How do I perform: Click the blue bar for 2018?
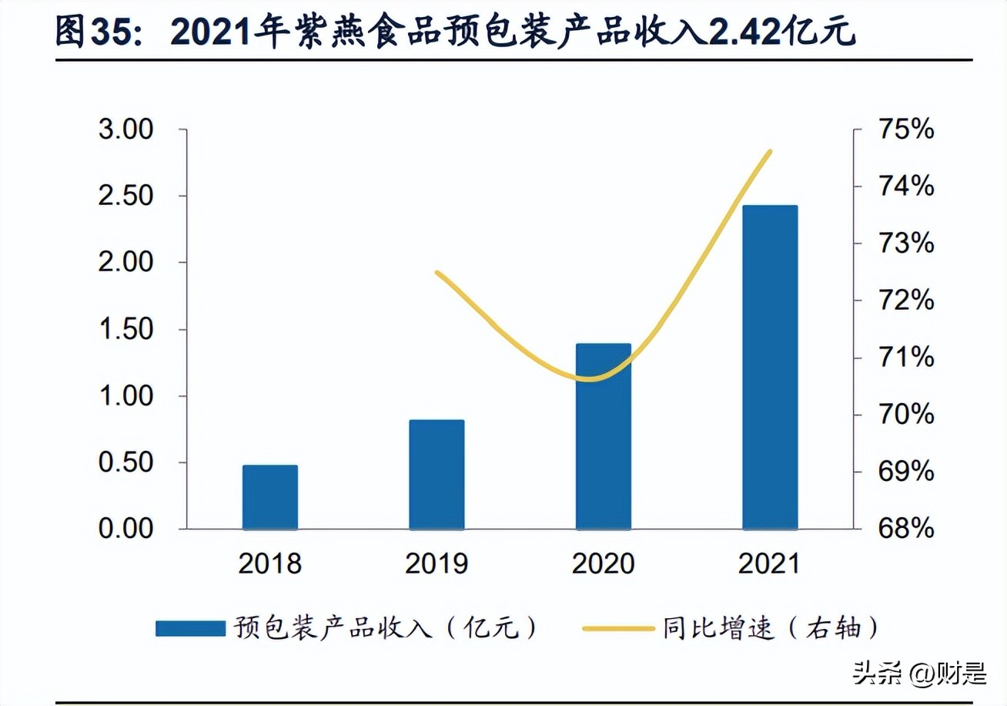pyautogui.click(x=269, y=497)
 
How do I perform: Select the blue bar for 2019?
pyautogui.click(x=437, y=475)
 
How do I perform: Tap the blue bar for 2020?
pyautogui.click(x=603, y=436)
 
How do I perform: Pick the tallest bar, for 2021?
pyautogui.click(x=770, y=368)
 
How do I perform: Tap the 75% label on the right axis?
pyautogui.click(x=905, y=129)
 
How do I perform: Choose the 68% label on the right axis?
pyautogui.click(x=905, y=529)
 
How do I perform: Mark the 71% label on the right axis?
pyautogui.click(x=905, y=358)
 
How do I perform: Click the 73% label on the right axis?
pyautogui.click(x=905, y=244)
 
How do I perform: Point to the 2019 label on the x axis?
pyautogui.click(x=437, y=564)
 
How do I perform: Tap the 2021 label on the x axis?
pyautogui.click(x=770, y=564)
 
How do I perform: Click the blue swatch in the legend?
pyautogui.click(x=190, y=628)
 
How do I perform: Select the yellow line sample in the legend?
pyautogui.click(x=617, y=628)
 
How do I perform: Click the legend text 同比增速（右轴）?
pyautogui.click(x=770, y=628)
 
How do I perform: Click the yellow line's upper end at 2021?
pyautogui.click(x=770, y=152)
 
